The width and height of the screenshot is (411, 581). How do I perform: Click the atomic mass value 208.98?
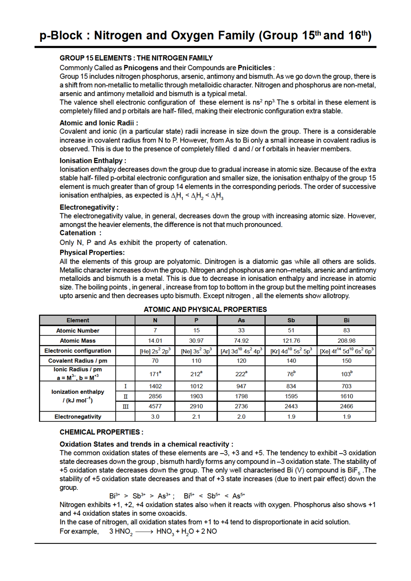(x=346, y=341)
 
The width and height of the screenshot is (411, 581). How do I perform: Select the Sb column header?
(x=291, y=320)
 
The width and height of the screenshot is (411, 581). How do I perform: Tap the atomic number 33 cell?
(x=241, y=330)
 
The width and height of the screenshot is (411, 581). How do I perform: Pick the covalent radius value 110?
(x=196, y=360)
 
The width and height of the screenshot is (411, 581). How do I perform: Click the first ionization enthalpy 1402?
(x=155, y=386)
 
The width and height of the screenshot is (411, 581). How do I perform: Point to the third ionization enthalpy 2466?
(x=346, y=406)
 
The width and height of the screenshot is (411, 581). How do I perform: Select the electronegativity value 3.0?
(x=155, y=417)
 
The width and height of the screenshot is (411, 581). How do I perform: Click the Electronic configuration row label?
(x=78, y=351)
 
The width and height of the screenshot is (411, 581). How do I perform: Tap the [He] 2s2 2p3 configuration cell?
(x=155, y=351)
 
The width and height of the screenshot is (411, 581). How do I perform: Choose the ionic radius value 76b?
(x=291, y=374)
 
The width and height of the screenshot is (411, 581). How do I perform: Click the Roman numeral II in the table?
(x=126, y=396)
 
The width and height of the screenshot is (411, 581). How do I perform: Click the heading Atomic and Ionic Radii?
(x=98, y=123)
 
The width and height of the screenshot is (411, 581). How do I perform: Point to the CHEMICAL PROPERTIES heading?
(x=101, y=432)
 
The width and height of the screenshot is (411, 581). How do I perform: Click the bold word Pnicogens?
(x=141, y=68)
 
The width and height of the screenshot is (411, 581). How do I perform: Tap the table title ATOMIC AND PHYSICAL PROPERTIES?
(x=205, y=309)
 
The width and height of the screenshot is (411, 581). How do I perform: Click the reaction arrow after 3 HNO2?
(x=145, y=532)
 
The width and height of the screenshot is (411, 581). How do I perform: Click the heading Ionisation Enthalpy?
(x=92, y=161)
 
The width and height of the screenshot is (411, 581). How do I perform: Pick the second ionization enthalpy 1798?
(x=241, y=396)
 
